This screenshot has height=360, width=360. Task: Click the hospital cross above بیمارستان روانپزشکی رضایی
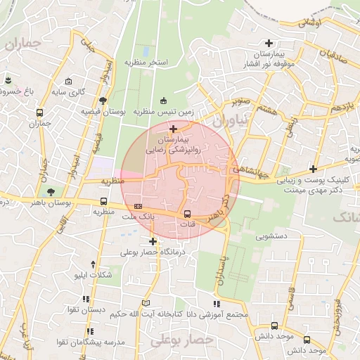[x=173, y=129]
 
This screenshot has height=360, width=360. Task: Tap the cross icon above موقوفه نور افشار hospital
[x=268, y=43]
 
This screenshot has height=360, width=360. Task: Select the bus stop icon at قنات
[x=187, y=214]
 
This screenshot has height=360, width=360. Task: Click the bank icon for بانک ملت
[x=138, y=205]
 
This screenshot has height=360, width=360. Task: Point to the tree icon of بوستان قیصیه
[x=104, y=100]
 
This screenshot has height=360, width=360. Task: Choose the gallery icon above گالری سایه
[x=69, y=81]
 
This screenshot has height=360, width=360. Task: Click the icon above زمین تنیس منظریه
[x=164, y=100]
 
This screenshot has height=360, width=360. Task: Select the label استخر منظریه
[x=148, y=63]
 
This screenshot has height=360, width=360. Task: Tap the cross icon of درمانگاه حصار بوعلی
[x=153, y=241]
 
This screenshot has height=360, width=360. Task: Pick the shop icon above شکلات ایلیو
[x=76, y=264]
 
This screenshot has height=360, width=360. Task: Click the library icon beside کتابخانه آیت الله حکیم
[x=146, y=303]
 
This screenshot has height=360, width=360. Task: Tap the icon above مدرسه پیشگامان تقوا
[x=89, y=330]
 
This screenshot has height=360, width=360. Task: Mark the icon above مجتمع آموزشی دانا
[x=217, y=304]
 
